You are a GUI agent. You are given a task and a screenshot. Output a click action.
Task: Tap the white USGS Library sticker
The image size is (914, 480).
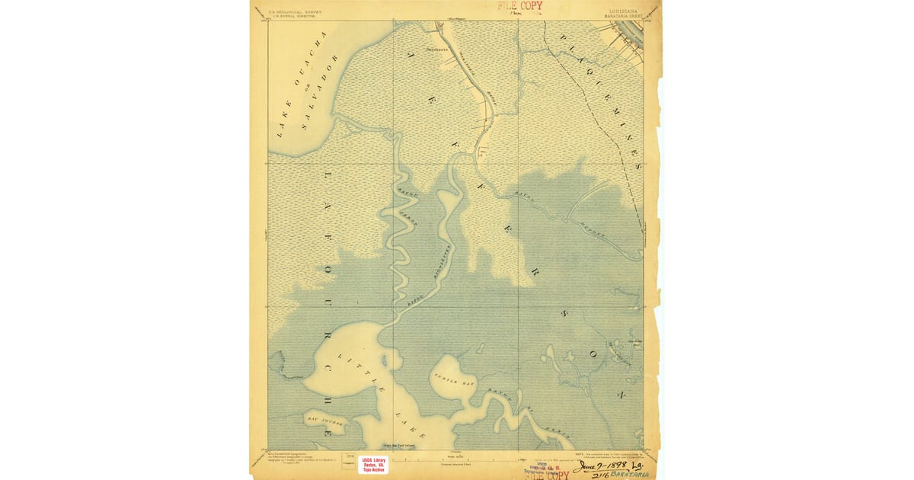[373, 465]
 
